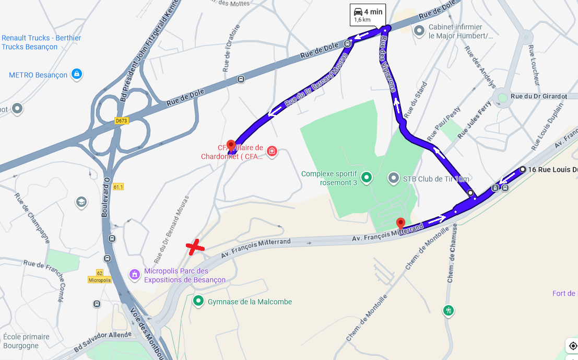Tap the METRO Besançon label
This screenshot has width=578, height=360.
[38, 75]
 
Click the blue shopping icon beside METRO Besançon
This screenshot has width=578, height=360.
[77, 74]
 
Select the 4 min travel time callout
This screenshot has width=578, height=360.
[368, 15]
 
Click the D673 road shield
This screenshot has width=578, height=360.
[121, 121]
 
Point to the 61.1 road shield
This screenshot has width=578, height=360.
[117, 187]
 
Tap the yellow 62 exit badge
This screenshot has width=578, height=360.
[99, 273]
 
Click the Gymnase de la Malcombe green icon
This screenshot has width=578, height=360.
[198, 301]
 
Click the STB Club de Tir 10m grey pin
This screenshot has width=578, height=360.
[394, 179]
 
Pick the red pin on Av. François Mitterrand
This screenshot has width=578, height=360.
[400, 224]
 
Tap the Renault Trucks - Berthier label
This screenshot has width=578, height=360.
[41, 42]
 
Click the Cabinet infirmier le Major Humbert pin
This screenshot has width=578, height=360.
[419, 31]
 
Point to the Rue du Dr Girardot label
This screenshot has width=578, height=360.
[538, 96]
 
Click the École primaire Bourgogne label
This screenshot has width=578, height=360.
[26, 341]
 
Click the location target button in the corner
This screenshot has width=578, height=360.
[573, 346]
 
